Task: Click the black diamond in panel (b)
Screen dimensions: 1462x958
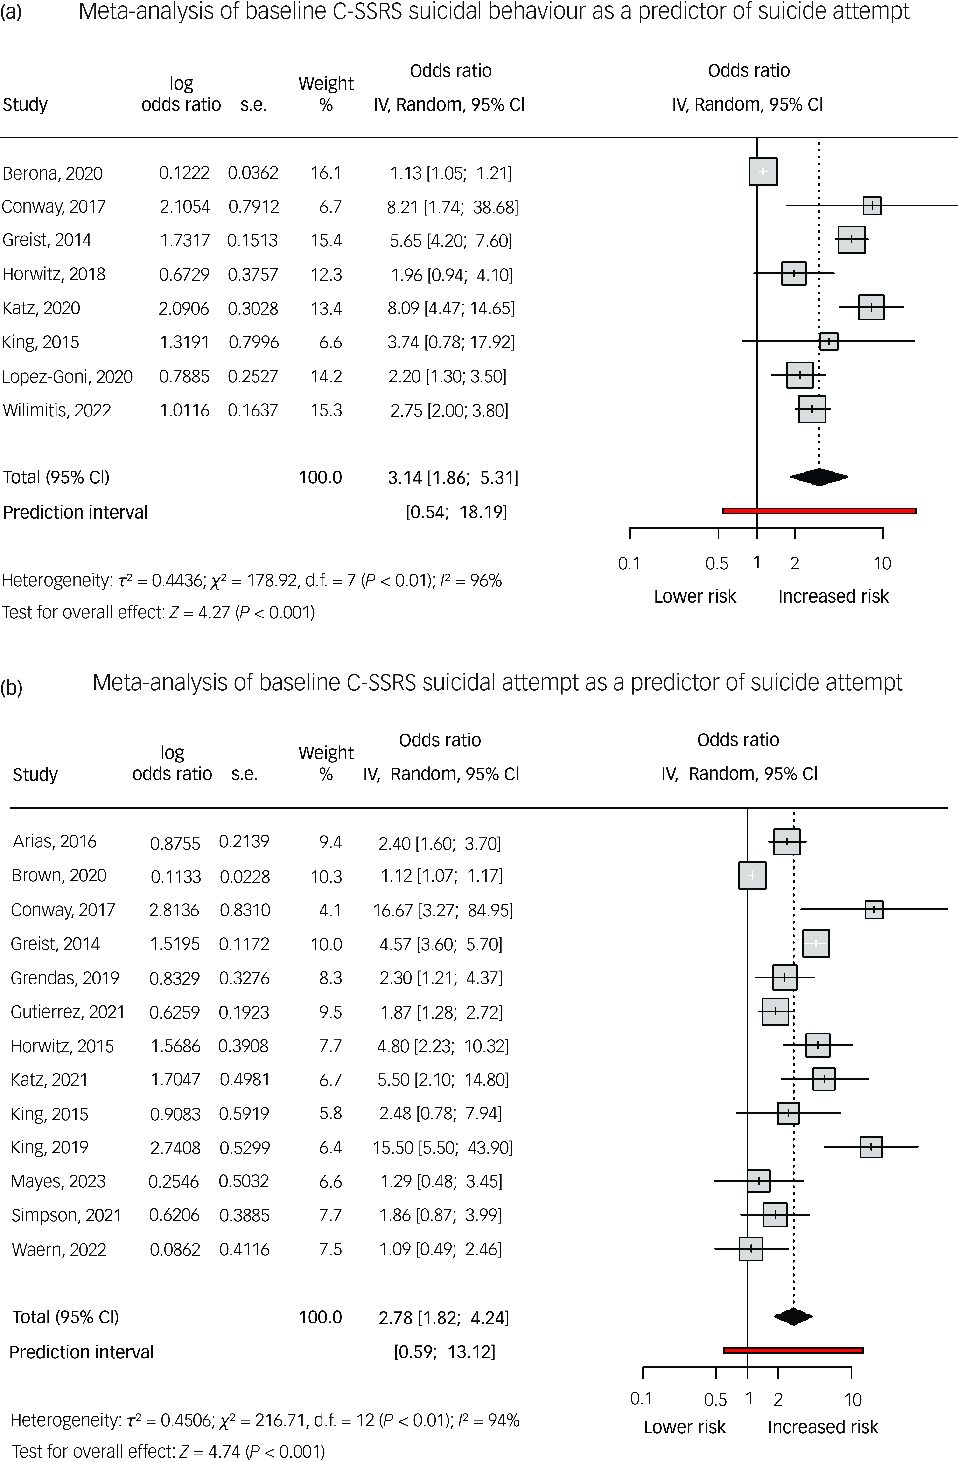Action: pyautogui.click(x=793, y=1316)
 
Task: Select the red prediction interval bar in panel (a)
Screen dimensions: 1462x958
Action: pyautogui.click(x=819, y=511)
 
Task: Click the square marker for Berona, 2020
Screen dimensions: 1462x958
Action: pyautogui.click(x=762, y=172)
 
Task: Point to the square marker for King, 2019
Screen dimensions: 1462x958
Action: pyautogui.click(x=871, y=1147)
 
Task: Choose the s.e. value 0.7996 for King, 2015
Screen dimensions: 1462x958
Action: pyautogui.click(x=253, y=342)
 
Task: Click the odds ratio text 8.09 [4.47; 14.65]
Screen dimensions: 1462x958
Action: pyautogui.click(x=450, y=308)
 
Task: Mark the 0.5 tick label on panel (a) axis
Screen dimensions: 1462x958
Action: pyautogui.click(x=716, y=563)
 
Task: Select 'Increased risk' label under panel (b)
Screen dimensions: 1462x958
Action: pyautogui.click(x=823, y=1427)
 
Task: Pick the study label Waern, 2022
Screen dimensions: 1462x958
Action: pyautogui.click(x=59, y=1249)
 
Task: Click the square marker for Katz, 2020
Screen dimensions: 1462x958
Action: pyautogui.click(x=871, y=307)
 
